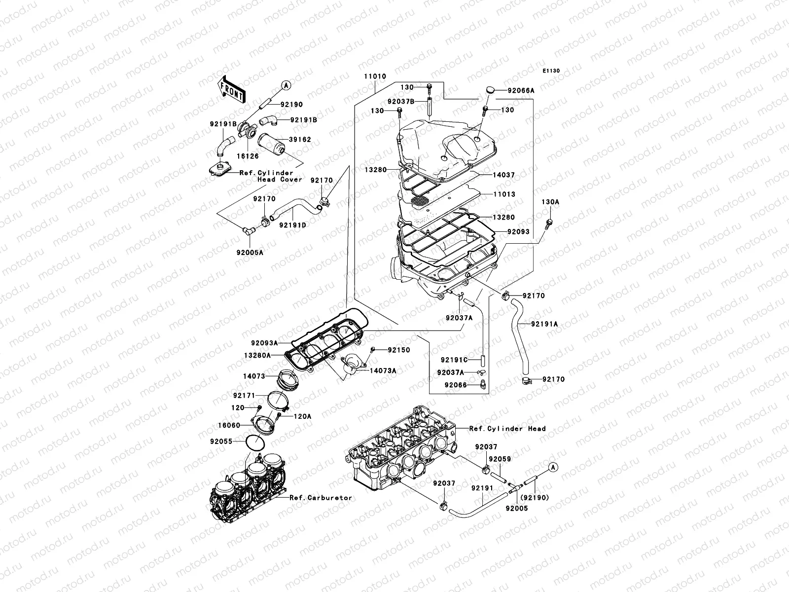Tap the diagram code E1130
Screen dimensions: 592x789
(x=552, y=71)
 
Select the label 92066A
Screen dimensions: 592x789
(x=521, y=91)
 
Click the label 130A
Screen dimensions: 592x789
(x=550, y=202)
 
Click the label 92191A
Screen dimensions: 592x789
(x=544, y=324)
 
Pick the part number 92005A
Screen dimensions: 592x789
(x=250, y=252)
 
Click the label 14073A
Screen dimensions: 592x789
(x=383, y=370)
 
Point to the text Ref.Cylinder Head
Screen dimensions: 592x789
(x=507, y=429)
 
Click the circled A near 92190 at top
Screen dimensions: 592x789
(x=285, y=85)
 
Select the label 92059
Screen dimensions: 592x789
(x=500, y=459)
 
